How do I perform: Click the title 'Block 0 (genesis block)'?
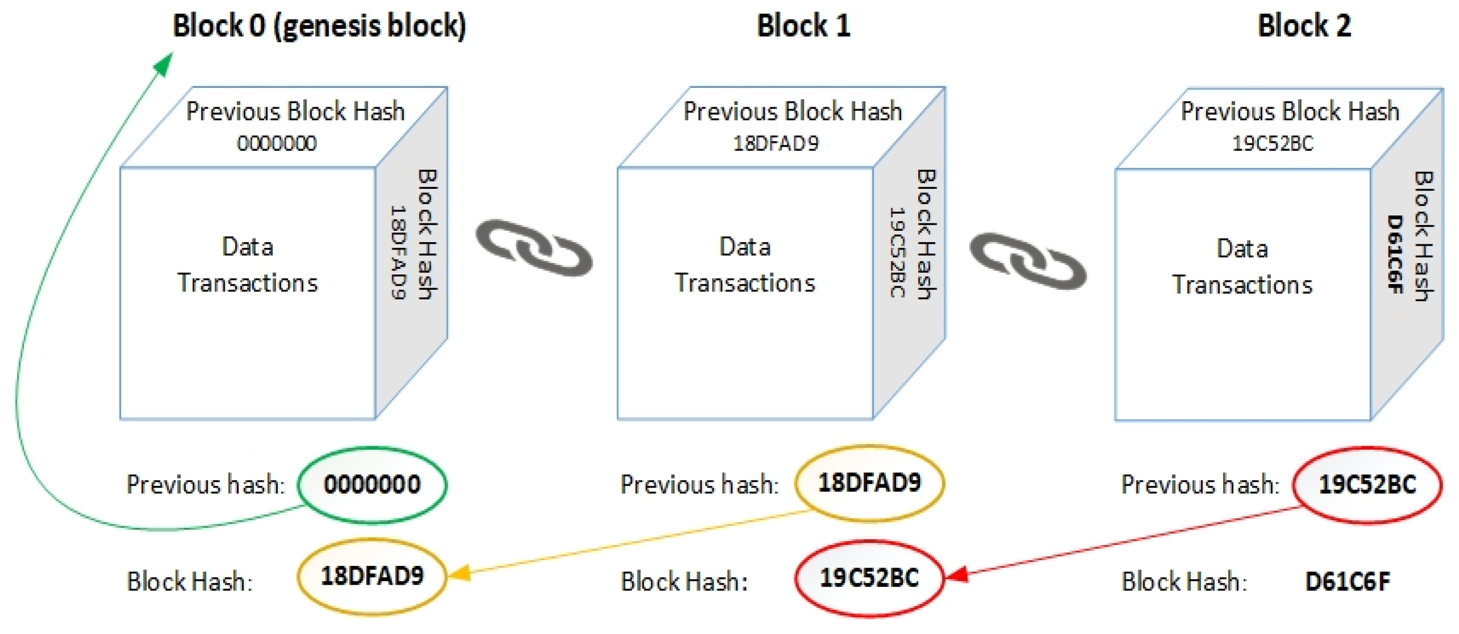point(319,26)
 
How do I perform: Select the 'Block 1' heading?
point(803,26)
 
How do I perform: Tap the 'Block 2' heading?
point(1304,26)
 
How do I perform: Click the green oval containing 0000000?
point(372,484)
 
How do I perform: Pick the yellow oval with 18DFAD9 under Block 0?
point(372,576)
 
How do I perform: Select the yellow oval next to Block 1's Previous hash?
point(869,483)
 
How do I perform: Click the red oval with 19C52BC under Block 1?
point(869,578)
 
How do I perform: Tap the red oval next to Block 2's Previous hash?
point(1367,484)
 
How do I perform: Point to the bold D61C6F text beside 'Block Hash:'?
point(1347,582)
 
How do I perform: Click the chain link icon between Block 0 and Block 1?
point(534,248)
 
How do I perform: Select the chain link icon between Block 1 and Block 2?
point(1028,261)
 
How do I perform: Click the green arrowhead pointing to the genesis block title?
point(164,64)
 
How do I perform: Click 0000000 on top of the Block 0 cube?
point(277,143)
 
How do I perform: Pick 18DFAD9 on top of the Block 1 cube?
point(776,143)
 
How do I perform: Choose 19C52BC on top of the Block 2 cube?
point(1273,143)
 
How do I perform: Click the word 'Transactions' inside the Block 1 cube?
point(745,283)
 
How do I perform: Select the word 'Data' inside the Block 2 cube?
point(1242,249)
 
